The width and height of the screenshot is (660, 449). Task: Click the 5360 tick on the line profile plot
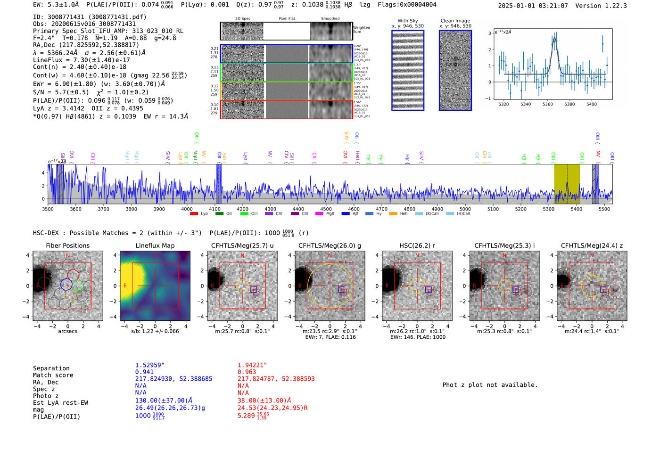pyautogui.click(x=547, y=104)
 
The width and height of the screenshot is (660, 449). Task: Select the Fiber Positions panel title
pyautogui.click(x=67, y=245)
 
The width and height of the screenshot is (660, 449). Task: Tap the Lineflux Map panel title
pyautogui.click(x=155, y=245)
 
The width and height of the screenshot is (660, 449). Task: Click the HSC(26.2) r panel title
pyautogui.click(x=417, y=245)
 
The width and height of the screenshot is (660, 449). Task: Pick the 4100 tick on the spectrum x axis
pyautogui.click(x=215, y=209)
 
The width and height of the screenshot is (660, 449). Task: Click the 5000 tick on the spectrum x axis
pyautogui.click(x=465, y=209)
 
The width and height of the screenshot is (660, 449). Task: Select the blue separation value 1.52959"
pyautogui.click(x=150, y=365)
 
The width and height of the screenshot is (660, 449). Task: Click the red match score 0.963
pyautogui.click(x=247, y=372)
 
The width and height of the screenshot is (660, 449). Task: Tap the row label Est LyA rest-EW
pyautogui.click(x=60, y=403)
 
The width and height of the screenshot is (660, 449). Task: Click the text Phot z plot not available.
pyautogui.click(x=490, y=385)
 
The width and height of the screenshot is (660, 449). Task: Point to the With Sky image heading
pyautogui.click(x=408, y=21)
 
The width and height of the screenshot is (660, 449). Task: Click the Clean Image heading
pyautogui.click(x=455, y=21)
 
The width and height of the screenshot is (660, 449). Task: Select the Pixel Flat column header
pyautogui.click(x=287, y=18)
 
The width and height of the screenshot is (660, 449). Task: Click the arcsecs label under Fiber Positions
pyautogui.click(x=67, y=331)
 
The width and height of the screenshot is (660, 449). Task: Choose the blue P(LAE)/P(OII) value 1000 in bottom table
pyautogui.click(x=143, y=416)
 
